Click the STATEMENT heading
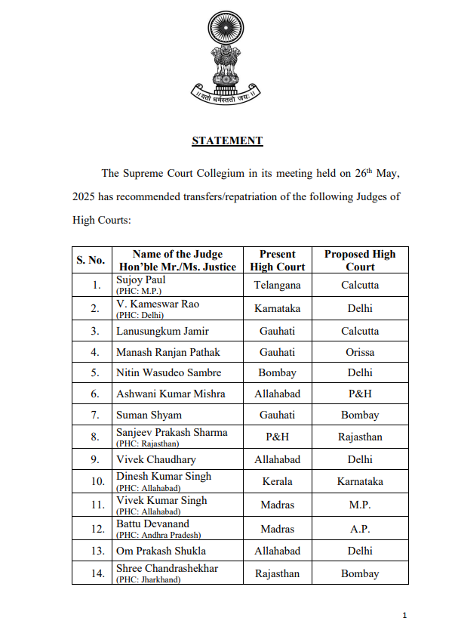point(227,141)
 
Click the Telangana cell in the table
point(278,286)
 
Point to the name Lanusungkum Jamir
point(162,331)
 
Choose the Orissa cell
point(360,352)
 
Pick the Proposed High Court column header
point(360,260)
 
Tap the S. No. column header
point(91,260)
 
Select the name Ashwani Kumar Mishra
point(171,394)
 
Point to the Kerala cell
point(278,481)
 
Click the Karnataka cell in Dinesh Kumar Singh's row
point(360,481)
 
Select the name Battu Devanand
point(152,524)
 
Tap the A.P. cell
point(360,529)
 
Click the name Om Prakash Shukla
point(161,551)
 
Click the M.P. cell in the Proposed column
point(360,505)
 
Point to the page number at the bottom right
point(405,614)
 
